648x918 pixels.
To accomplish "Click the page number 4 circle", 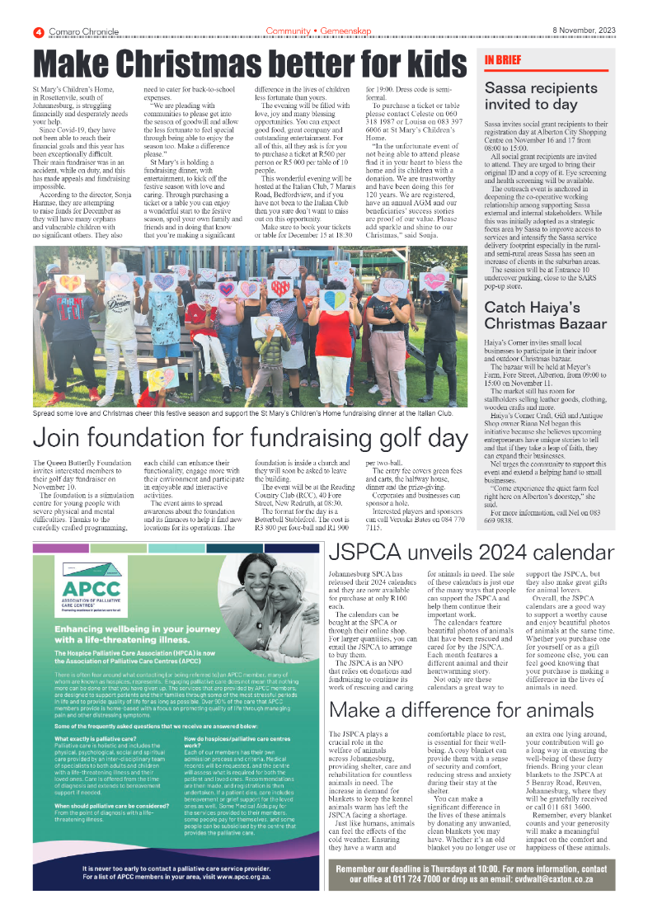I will tap(38, 31).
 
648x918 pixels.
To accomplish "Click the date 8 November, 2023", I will tap(583, 31).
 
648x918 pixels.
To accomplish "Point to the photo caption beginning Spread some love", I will tap(243, 412).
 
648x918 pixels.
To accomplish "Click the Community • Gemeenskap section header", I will tap(318, 31).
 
